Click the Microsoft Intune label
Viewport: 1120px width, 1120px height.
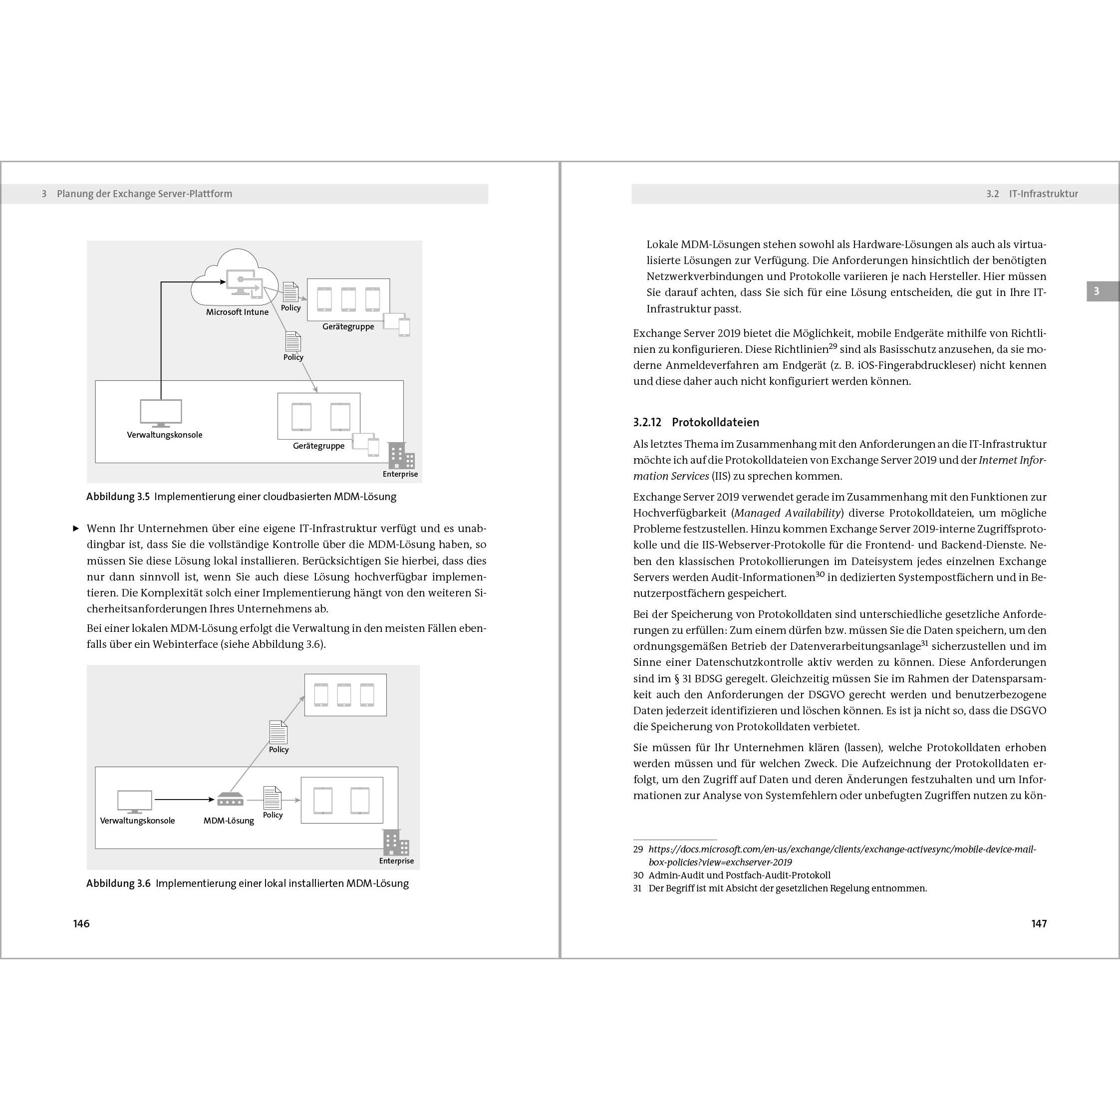coord(237,312)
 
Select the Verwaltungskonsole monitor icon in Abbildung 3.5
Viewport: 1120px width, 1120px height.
coord(161,412)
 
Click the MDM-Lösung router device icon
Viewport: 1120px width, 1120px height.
coord(230,800)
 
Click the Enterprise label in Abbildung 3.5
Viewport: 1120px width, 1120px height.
coord(400,474)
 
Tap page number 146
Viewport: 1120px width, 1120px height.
coord(81,923)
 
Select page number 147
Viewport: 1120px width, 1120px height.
coord(1039,923)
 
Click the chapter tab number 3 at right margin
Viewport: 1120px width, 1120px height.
coord(1096,291)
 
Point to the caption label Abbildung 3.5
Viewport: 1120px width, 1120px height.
coord(118,497)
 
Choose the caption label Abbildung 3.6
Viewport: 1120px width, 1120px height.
coord(118,883)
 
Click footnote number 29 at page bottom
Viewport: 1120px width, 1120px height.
coord(638,849)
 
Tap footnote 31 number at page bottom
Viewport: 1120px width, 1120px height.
coord(638,888)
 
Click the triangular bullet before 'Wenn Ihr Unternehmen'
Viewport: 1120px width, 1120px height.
coord(75,529)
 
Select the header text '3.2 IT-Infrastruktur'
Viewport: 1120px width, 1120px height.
coord(1032,194)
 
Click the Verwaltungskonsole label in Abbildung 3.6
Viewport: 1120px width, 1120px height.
coord(137,821)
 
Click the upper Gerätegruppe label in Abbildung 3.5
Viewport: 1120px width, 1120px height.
coord(348,326)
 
